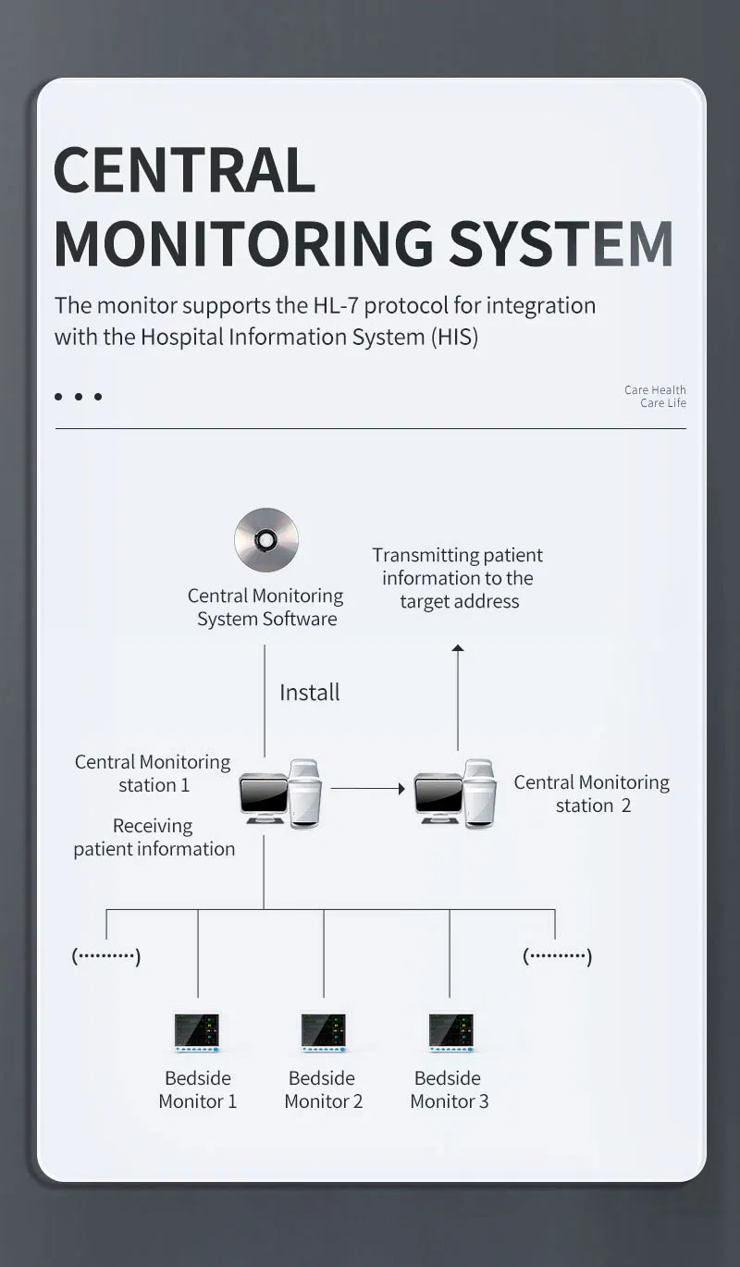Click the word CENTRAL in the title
point(185,170)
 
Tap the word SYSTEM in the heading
point(561,243)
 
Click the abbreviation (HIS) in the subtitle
point(454,337)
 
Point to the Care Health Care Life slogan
point(655,396)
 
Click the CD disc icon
point(266,539)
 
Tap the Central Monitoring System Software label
point(265,608)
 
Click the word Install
point(310,692)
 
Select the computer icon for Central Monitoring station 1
point(280,793)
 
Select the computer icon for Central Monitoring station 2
point(454,793)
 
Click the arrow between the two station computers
point(368,789)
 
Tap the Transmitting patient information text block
point(458,578)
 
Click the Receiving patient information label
point(154,837)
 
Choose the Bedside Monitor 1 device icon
point(197,1032)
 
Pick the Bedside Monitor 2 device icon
point(324,1032)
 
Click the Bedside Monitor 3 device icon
point(450,1032)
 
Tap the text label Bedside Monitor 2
point(323,1089)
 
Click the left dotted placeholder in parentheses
point(106,956)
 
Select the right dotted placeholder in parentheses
point(557,956)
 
